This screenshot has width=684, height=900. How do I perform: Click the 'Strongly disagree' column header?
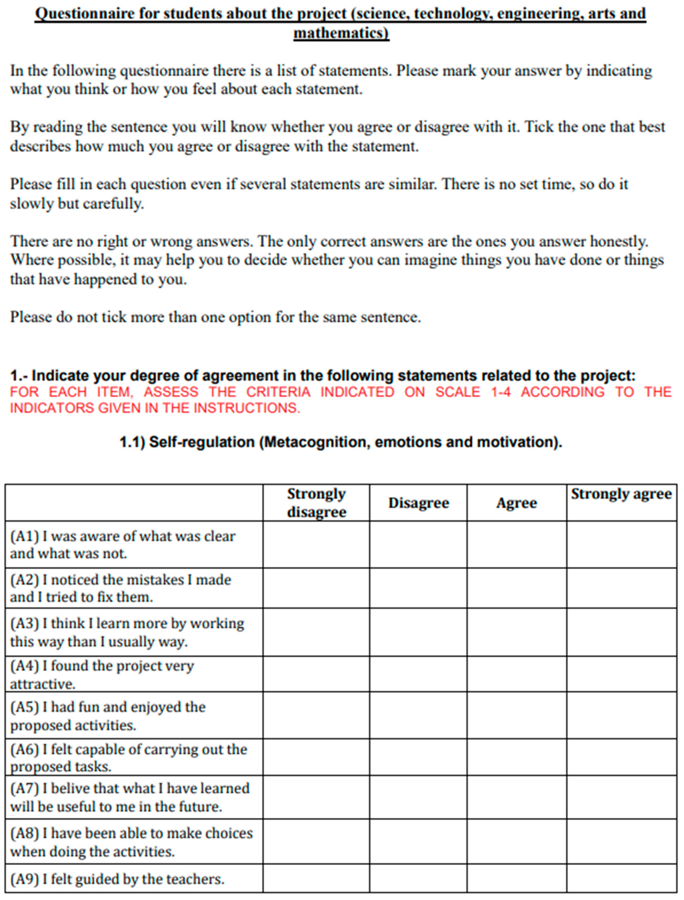click(316, 503)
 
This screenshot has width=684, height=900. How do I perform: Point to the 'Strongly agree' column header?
click(621, 494)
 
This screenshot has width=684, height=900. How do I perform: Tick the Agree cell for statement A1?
click(516, 545)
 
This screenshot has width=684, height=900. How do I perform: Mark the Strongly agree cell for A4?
click(621, 674)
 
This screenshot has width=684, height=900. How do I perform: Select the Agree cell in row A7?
click(516, 798)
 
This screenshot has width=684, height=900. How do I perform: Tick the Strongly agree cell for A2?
click(621, 588)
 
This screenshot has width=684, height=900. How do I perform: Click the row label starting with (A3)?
click(127, 632)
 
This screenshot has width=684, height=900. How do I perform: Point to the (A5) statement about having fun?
click(108, 716)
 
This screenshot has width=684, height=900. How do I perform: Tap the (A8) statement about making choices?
click(131, 842)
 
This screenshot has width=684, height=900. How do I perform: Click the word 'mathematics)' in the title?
click(341, 33)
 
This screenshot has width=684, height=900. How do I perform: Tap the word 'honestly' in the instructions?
click(619, 241)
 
